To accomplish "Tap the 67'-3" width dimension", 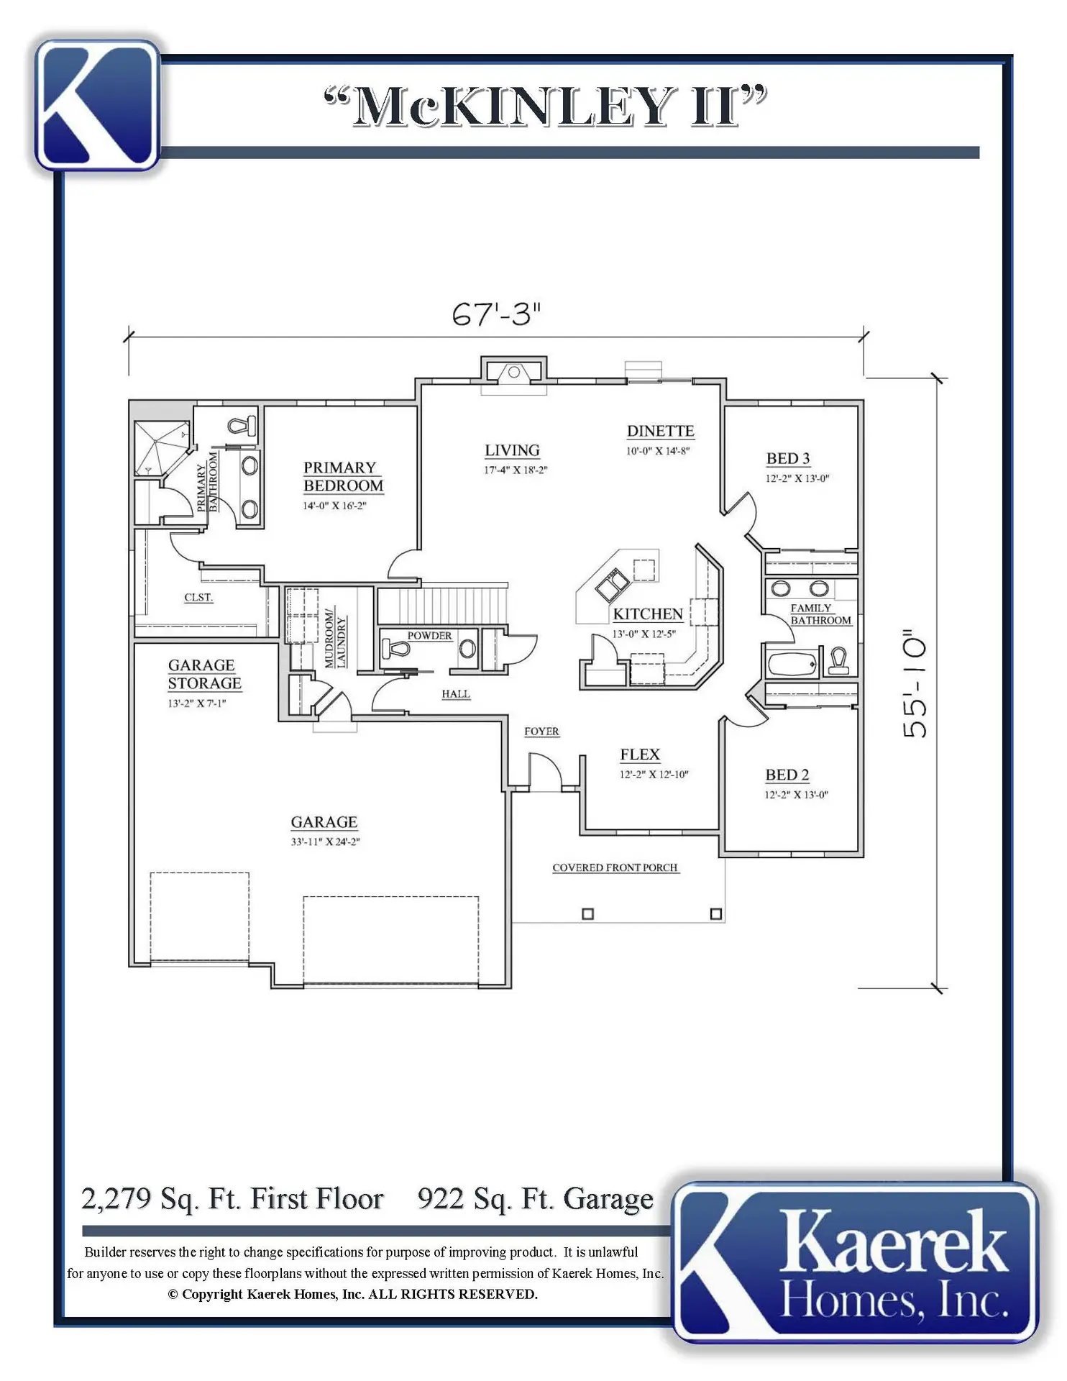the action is coord(496,314).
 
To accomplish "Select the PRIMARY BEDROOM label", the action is coord(343,477).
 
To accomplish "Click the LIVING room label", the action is coord(512,450).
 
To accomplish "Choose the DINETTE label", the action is coord(660,431).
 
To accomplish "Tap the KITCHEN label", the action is coord(647,614).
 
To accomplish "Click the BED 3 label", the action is coord(788,458).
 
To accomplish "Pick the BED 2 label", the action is coord(787,775).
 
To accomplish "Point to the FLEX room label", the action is coord(640,755).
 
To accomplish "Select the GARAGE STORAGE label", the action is coord(204,675).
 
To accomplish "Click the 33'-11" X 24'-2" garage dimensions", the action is coord(325,842).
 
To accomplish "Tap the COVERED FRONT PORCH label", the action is coord(615,867).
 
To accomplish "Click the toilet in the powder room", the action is coord(395,648).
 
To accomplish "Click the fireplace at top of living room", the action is coord(514,372).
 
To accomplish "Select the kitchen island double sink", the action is coord(611,584).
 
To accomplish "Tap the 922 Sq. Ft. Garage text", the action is coord(536,1199).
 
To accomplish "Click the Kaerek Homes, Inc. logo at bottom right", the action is coord(856,1262).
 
